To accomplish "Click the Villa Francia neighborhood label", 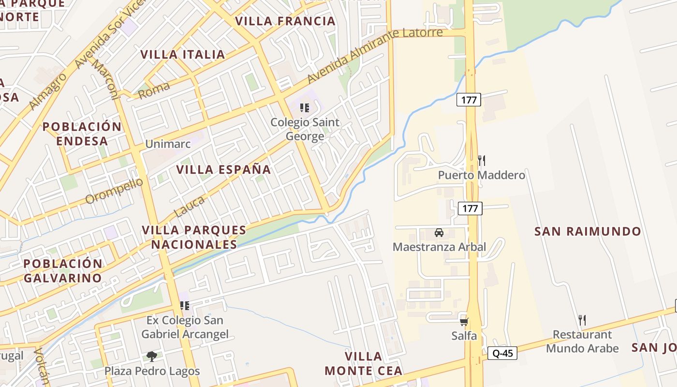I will tap(285, 21).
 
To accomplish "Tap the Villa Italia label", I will tap(183, 55).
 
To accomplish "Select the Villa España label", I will tap(223, 170).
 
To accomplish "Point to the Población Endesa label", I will tap(82, 134).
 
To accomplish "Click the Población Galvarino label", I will tap(63, 271).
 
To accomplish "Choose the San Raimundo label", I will tap(588, 231).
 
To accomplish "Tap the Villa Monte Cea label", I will tap(364, 364).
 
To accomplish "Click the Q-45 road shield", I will tap(502, 353).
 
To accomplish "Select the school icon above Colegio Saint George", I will tap(304, 107).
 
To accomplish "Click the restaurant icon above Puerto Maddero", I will tap(481, 161).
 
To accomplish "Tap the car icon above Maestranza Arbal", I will tap(439, 233).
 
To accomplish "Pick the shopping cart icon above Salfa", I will tap(464, 322).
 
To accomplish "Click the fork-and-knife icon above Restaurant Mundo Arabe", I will tap(582, 320).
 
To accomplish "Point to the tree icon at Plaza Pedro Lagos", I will tap(152, 357).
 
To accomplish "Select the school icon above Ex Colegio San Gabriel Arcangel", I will tap(185, 306).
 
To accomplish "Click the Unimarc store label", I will tap(168, 144).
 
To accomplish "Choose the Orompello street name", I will tap(114, 191).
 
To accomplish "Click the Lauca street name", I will tap(189, 207).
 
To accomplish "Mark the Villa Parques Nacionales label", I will tap(194, 237).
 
